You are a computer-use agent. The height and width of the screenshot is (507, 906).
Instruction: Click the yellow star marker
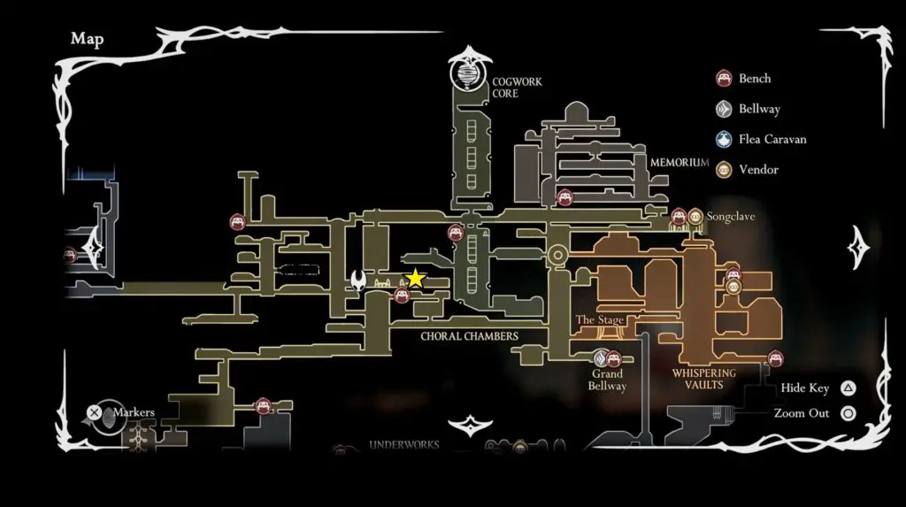point(415,279)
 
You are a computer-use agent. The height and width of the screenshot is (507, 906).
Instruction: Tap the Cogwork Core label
point(517,88)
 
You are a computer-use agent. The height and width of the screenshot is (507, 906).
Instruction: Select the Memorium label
point(679,163)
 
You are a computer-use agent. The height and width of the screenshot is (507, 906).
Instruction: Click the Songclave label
point(731,216)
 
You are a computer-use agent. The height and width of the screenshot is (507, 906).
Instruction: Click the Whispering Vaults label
point(704,379)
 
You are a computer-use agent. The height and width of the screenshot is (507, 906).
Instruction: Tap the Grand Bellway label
point(607,380)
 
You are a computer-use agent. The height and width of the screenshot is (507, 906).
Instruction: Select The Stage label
point(600,319)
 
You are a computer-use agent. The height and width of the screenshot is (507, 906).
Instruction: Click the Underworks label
point(403,445)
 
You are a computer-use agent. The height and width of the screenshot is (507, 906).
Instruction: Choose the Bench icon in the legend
point(724,79)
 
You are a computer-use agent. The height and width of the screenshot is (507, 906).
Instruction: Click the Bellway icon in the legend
point(724,110)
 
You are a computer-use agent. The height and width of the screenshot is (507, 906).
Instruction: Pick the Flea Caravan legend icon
point(724,140)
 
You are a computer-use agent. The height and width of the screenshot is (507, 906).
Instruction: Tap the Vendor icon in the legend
point(724,169)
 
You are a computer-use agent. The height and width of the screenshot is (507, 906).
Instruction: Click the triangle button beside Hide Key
point(848,388)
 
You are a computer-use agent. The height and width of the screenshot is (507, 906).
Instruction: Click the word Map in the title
point(87,38)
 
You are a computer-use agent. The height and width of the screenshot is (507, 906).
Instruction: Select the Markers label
point(134,412)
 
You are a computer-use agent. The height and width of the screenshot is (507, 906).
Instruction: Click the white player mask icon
point(358,281)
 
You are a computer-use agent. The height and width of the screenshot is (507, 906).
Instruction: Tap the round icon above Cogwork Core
point(469,73)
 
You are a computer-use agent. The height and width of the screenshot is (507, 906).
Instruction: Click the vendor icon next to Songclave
point(695,216)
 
